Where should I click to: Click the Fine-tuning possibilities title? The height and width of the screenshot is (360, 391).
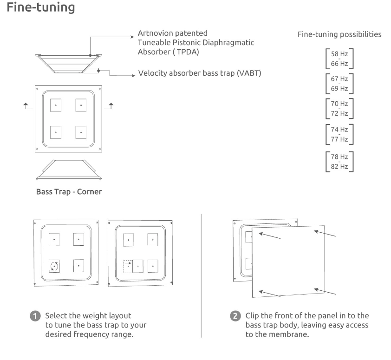339,34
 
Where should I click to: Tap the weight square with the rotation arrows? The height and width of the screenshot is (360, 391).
54,266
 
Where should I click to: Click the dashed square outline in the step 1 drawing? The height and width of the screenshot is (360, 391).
126,266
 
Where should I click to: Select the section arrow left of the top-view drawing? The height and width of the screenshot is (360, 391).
28,106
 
